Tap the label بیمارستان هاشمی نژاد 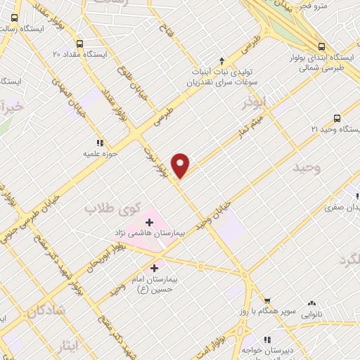tap(149, 231)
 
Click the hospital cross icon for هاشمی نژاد tap(148, 221)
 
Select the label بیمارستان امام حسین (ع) tap(149, 283)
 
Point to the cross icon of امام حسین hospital tap(155, 268)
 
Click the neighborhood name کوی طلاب tap(108, 209)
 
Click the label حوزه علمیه tap(98, 152)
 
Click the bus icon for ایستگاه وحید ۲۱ tap(337, 118)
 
